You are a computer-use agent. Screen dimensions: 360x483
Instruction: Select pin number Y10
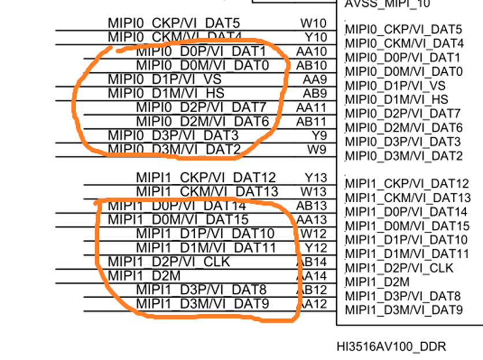(314, 38)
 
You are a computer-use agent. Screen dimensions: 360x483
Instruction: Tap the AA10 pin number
(311, 51)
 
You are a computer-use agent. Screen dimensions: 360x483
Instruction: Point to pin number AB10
(311, 65)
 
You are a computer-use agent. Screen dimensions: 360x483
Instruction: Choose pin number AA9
(314, 79)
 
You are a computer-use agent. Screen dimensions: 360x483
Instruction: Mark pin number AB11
(311, 121)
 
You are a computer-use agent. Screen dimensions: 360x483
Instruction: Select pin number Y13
(315, 177)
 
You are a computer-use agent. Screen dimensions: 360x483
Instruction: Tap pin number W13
(314, 191)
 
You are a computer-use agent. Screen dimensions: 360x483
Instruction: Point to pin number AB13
(311, 205)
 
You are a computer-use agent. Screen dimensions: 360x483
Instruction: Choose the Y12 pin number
(315, 247)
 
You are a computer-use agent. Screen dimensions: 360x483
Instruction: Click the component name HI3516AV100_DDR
(391, 347)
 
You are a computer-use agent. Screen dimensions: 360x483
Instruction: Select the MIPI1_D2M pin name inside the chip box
(377, 282)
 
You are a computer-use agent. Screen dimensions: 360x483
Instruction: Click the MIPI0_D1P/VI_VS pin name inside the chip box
(388, 86)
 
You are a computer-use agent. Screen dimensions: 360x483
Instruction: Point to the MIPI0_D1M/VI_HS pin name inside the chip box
(388, 99)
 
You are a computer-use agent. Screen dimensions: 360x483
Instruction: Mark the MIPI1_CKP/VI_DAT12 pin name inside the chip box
(407, 184)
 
